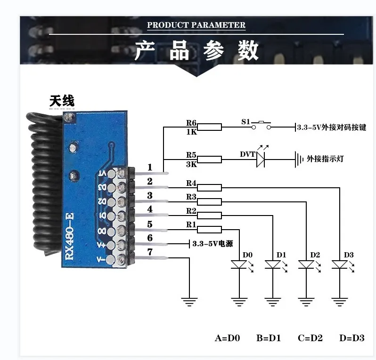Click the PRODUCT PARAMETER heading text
[196, 25]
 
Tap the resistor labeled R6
[209, 127]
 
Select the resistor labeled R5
[209, 159]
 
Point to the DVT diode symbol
[261, 159]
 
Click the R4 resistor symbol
[209, 188]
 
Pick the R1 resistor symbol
[209, 230]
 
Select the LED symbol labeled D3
[340, 265]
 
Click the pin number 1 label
[150, 167]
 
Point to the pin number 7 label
[150, 252]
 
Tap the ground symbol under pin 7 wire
[189, 301]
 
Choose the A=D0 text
[227, 338]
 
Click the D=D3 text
[351, 338]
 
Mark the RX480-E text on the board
[69, 235]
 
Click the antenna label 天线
[62, 101]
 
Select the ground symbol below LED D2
[306, 301]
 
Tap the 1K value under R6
[191, 132]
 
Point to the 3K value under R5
[191, 164]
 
